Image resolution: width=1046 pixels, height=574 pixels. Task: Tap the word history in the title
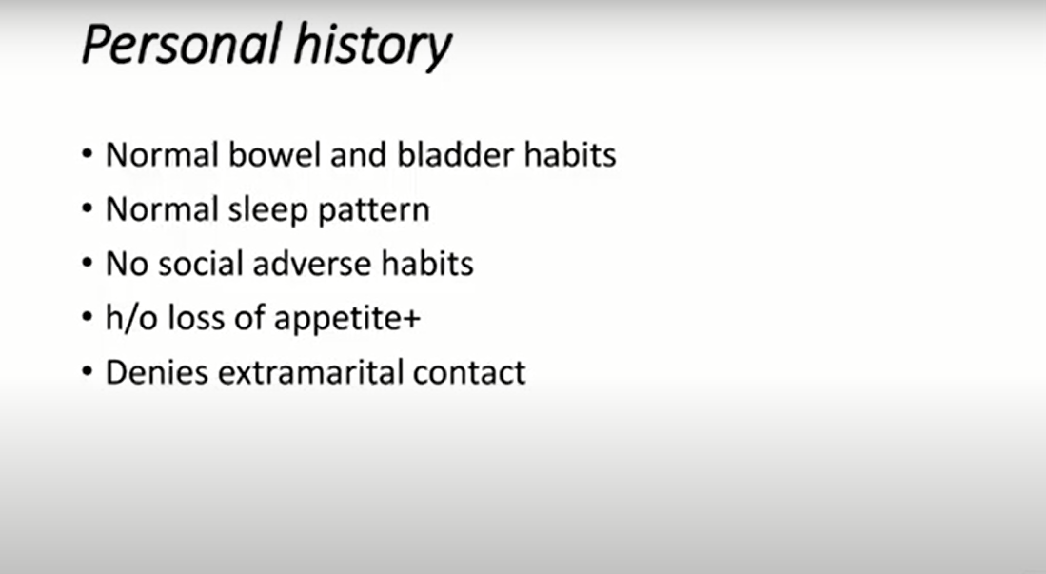(373, 47)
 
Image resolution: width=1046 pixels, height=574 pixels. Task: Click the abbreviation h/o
(131, 318)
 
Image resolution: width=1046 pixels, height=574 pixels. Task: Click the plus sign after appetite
(412, 319)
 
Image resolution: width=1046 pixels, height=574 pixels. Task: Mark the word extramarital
(310, 372)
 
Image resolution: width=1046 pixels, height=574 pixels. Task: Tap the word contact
(469, 373)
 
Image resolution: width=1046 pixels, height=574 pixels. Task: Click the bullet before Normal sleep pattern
(87, 209)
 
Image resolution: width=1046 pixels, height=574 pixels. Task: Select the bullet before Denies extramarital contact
(87, 372)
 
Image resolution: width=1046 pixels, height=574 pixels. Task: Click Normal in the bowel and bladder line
(162, 155)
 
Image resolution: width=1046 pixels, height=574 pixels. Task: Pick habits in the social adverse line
(427, 264)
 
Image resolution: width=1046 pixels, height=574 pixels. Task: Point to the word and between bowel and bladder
(359, 155)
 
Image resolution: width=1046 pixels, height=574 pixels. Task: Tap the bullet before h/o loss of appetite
(87, 318)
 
